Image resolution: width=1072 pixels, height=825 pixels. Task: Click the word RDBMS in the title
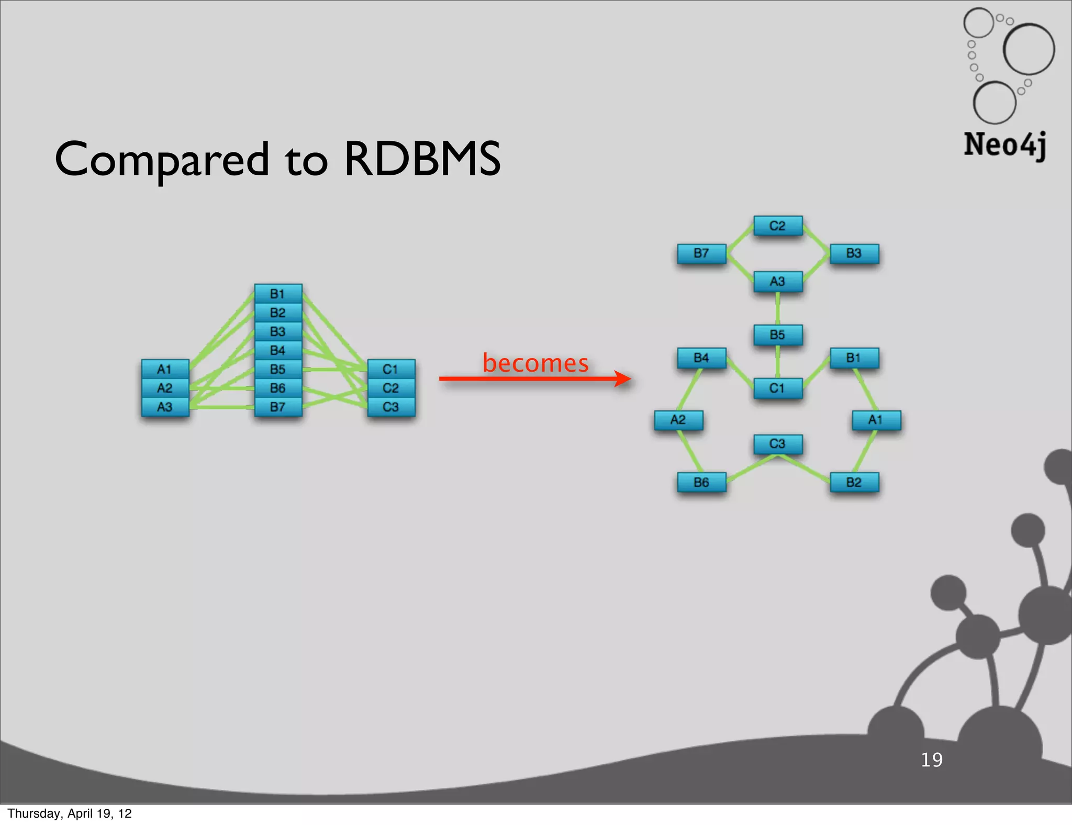[422, 159]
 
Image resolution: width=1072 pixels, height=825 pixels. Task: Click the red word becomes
[535, 363]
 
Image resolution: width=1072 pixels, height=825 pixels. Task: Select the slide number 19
[931, 760]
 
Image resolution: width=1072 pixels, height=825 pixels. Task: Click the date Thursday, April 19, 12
[70, 813]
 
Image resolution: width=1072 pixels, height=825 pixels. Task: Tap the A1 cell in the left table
[165, 369]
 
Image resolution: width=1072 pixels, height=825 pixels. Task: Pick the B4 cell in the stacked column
[278, 350]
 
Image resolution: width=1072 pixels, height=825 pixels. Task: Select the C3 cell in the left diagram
[391, 407]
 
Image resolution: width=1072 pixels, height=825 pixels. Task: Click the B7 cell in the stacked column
[278, 407]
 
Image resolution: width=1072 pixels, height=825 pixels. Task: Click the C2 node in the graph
[778, 226]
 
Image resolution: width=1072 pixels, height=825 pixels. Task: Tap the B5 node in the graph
[778, 335]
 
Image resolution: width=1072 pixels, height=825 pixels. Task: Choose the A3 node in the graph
[778, 281]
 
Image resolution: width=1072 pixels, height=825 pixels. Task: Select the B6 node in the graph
[701, 482]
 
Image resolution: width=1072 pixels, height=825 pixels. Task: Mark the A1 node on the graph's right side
[876, 420]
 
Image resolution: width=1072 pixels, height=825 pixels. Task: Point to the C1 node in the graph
[778, 388]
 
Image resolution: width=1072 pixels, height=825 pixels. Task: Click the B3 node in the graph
[854, 253]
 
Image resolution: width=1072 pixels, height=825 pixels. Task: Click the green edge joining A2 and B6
[690, 451]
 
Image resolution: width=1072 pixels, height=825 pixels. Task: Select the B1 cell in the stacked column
[278, 294]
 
